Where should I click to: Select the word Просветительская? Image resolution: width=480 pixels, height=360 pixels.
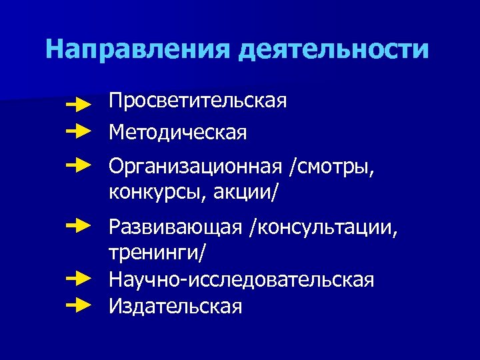[199, 102]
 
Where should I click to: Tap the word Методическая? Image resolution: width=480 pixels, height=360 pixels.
[178, 133]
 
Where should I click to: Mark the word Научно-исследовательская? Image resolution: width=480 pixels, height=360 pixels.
[242, 280]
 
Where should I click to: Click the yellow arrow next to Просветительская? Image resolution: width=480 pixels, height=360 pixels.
[79, 104]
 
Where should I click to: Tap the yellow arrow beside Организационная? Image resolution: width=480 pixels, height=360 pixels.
[79, 163]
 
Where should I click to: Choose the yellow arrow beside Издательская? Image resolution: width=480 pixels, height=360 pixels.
[79, 305]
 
